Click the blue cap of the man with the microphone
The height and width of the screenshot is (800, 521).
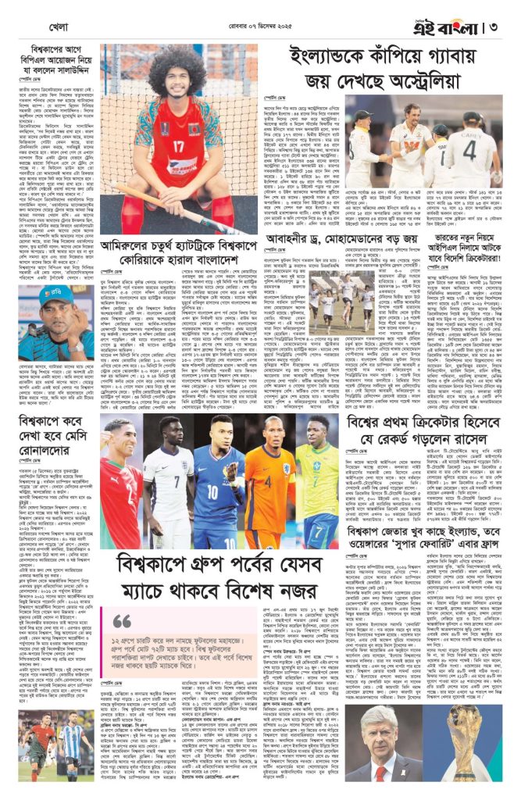pos(56,295)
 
